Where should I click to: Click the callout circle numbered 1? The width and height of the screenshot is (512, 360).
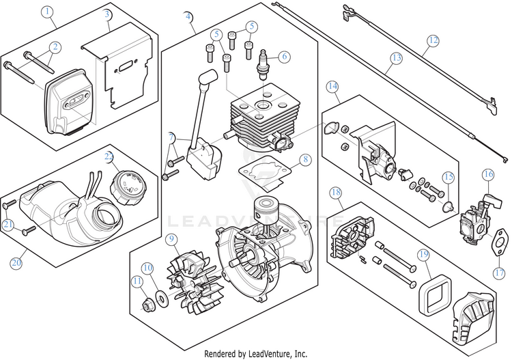click(x=46, y=12)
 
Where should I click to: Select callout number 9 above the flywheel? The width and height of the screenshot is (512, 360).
click(x=171, y=240)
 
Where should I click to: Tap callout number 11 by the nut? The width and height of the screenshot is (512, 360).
click(x=137, y=280)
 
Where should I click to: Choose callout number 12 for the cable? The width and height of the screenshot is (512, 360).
click(x=431, y=40)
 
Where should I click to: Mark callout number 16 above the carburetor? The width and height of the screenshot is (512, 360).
click(x=488, y=175)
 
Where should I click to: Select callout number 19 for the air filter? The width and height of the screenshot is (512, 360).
click(x=423, y=255)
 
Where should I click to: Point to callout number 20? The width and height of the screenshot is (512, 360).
click(x=16, y=262)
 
